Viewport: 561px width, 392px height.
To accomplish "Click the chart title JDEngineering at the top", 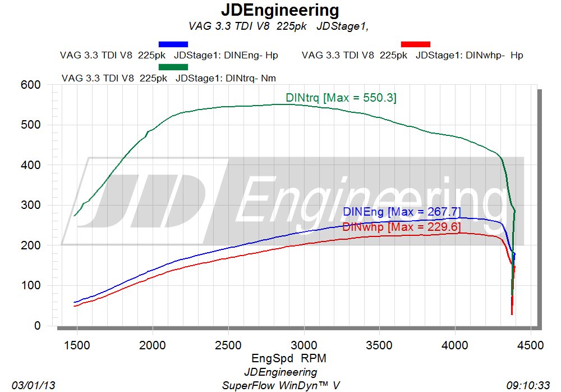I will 280,10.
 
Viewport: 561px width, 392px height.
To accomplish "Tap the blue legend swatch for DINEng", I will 173,44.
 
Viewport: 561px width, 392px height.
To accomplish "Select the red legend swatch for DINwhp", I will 416,44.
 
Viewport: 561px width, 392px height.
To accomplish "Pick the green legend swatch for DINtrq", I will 173,67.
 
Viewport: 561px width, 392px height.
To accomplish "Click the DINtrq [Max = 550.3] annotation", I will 341,98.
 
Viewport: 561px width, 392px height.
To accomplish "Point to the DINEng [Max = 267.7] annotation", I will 401,212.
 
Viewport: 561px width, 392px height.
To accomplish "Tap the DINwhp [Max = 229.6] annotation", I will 401,227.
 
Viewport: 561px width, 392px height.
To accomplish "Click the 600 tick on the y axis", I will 31,85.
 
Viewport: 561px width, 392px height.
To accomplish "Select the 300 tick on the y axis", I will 31,205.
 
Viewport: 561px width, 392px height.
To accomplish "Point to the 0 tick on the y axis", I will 38,326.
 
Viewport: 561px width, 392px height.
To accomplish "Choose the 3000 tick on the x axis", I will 304,345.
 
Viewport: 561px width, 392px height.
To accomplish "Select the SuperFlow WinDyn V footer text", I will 280,385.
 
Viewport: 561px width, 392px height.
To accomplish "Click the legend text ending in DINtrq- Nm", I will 169,78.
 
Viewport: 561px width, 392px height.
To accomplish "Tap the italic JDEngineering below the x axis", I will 280,372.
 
